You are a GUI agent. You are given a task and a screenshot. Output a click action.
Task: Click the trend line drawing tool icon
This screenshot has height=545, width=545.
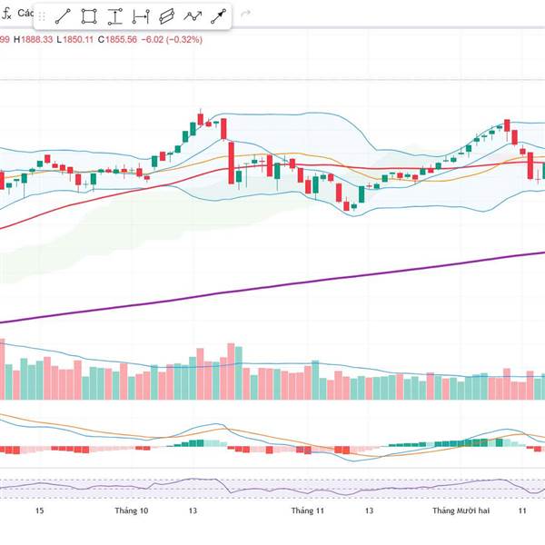64,16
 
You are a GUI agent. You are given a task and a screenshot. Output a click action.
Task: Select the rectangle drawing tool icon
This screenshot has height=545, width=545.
89,16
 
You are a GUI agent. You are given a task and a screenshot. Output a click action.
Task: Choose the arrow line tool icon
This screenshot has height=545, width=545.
219,16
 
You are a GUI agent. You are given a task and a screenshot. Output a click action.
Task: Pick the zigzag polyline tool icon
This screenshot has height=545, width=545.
193,16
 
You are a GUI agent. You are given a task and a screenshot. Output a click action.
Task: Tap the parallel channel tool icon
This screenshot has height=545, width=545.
166,16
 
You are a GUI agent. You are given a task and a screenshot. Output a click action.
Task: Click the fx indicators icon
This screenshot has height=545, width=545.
5,15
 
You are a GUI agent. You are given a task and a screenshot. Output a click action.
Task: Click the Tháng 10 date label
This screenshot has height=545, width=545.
132,511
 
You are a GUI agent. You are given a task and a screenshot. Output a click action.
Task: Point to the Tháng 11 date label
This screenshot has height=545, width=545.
307,511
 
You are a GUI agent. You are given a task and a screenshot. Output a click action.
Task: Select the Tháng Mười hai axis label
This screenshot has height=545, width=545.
461,511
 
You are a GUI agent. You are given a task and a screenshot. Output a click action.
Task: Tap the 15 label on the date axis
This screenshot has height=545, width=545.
39,511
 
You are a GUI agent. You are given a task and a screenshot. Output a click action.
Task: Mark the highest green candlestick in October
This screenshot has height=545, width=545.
201,119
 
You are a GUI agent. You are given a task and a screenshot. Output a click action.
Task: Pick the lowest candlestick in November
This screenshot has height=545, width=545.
353,206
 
